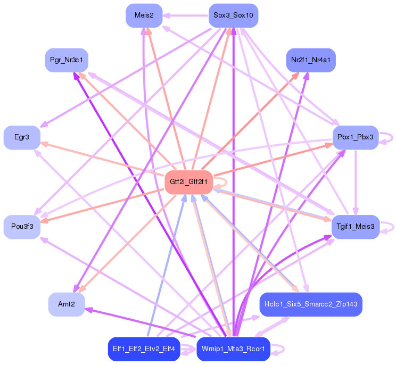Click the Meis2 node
144,15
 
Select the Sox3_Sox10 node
233,15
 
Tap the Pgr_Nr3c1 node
67,60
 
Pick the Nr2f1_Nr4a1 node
311,60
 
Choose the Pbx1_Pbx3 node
355,138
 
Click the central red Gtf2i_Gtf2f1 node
189,182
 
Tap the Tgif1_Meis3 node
355,227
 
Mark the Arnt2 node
67,304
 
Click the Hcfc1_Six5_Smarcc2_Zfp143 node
311,304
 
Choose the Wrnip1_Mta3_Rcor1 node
233,349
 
